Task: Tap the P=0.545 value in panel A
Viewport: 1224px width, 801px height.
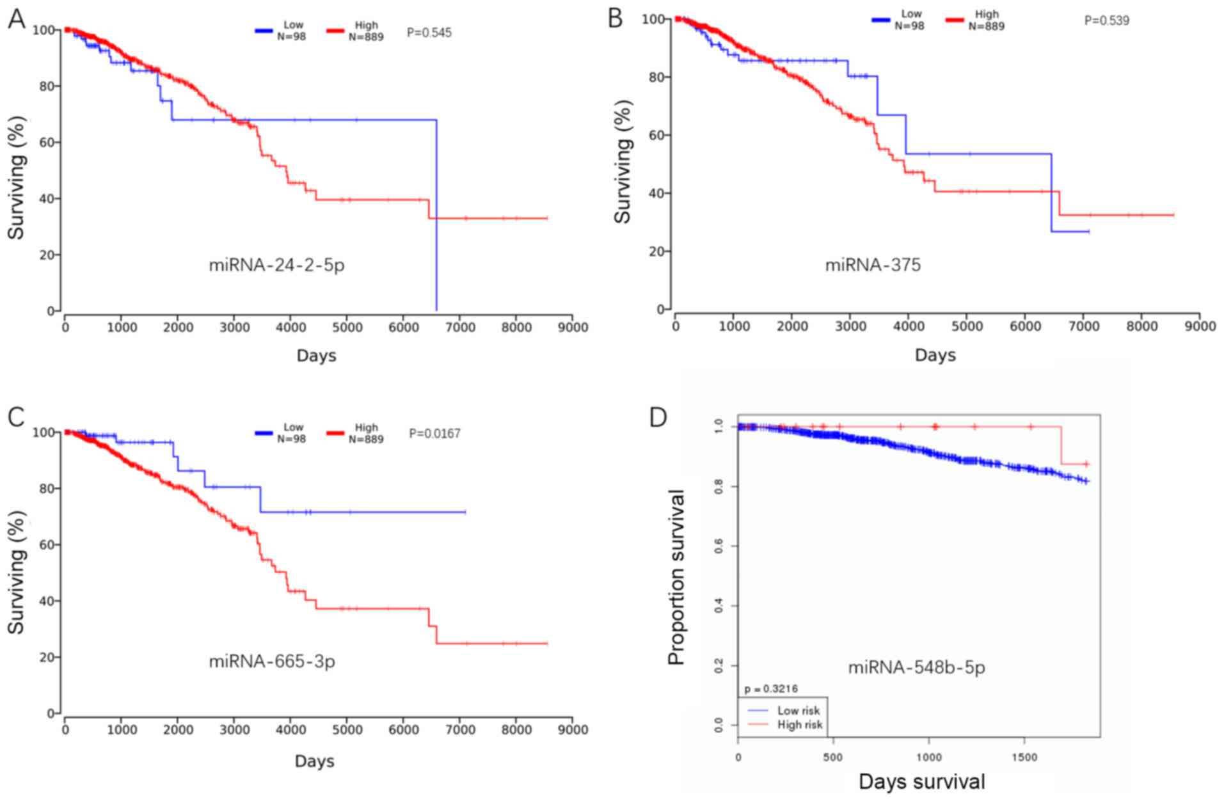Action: pyautogui.click(x=429, y=32)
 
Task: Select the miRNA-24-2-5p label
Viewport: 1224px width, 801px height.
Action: pyautogui.click(x=276, y=264)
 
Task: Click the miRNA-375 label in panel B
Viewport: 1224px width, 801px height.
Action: pyautogui.click(x=873, y=264)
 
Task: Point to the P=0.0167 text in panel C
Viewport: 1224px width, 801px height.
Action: pyautogui.click(x=434, y=433)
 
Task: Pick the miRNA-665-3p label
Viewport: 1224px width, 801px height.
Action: pyautogui.click(x=272, y=661)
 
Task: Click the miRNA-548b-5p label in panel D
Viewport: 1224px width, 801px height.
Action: pyautogui.click(x=916, y=668)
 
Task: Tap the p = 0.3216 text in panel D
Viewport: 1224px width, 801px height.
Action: pyautogui.click(x=771, y=689)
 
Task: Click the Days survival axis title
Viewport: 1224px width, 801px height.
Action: pyautogui.click(x=921, y=782)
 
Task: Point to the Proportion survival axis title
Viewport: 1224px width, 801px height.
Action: pyautogui.click(x=676, y=577)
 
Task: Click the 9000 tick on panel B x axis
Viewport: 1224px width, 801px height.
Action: pyautogui.click(x=1200, y=326)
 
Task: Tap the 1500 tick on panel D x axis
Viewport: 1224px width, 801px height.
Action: pyautogui.click(x=1024, y=757)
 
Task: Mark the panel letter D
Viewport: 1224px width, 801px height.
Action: pyautogui.click(x=658, y=418)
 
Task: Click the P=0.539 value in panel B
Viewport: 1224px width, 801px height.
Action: pyautogui.click(x=1106, y=20)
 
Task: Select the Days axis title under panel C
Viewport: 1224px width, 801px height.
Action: pyautogui.click(x=315, y=761)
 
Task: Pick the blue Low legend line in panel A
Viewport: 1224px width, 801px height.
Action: pyautogui.click(x=264, y=30)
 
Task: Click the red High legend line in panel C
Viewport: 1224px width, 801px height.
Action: pyautogui.click(x=336, y=433)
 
